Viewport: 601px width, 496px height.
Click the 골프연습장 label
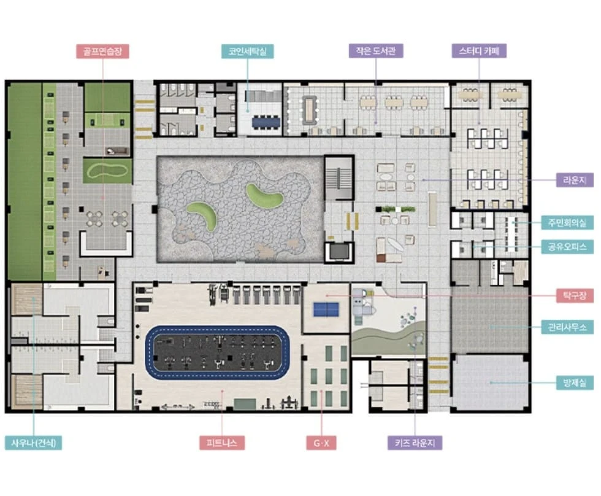pos(102,52)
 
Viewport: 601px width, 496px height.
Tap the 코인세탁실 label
pos(247,52)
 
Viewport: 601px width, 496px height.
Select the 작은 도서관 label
pos(375,50)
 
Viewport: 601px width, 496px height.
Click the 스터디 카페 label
pos(479,50)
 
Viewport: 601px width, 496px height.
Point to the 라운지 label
pos(575,180)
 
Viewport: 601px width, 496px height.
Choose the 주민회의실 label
pos(567,222)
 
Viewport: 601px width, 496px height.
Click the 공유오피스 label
pos(567,247)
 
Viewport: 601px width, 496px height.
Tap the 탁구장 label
pos(575,295)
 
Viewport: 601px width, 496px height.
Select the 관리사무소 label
pos(567,327)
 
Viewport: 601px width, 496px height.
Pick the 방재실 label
pos(575,382)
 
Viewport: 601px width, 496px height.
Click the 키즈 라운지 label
pos(415,443)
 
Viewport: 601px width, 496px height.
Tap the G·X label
pos(321,443)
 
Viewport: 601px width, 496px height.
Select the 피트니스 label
pos(222,443)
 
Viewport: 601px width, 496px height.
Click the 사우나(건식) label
pos(33,443)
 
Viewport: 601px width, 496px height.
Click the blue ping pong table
pos(326,309)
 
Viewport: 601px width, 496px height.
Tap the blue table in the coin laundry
pos(266,123)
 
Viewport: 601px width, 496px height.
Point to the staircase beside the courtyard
pos(339,177)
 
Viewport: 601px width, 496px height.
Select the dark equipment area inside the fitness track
pos(217,352)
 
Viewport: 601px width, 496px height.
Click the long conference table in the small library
pos(309,107)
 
